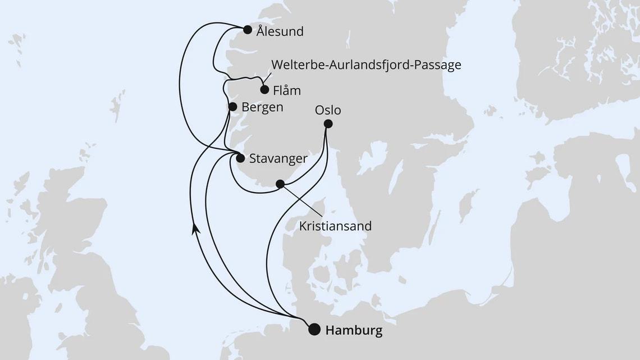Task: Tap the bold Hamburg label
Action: [354, 330]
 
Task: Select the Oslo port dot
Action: [328, 124]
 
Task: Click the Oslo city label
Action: [328, 110]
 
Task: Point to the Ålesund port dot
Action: [248, 30]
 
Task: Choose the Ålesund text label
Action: [280, 31]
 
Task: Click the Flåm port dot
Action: [264, 89]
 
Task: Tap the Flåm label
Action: [287, 90]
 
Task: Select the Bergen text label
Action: [262, 107]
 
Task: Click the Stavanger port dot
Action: [240, 158]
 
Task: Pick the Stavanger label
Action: [278, 159]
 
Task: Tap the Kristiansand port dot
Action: [280, 183]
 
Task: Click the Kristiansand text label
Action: [336, 226]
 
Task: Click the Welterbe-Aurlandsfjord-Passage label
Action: [366, 65]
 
